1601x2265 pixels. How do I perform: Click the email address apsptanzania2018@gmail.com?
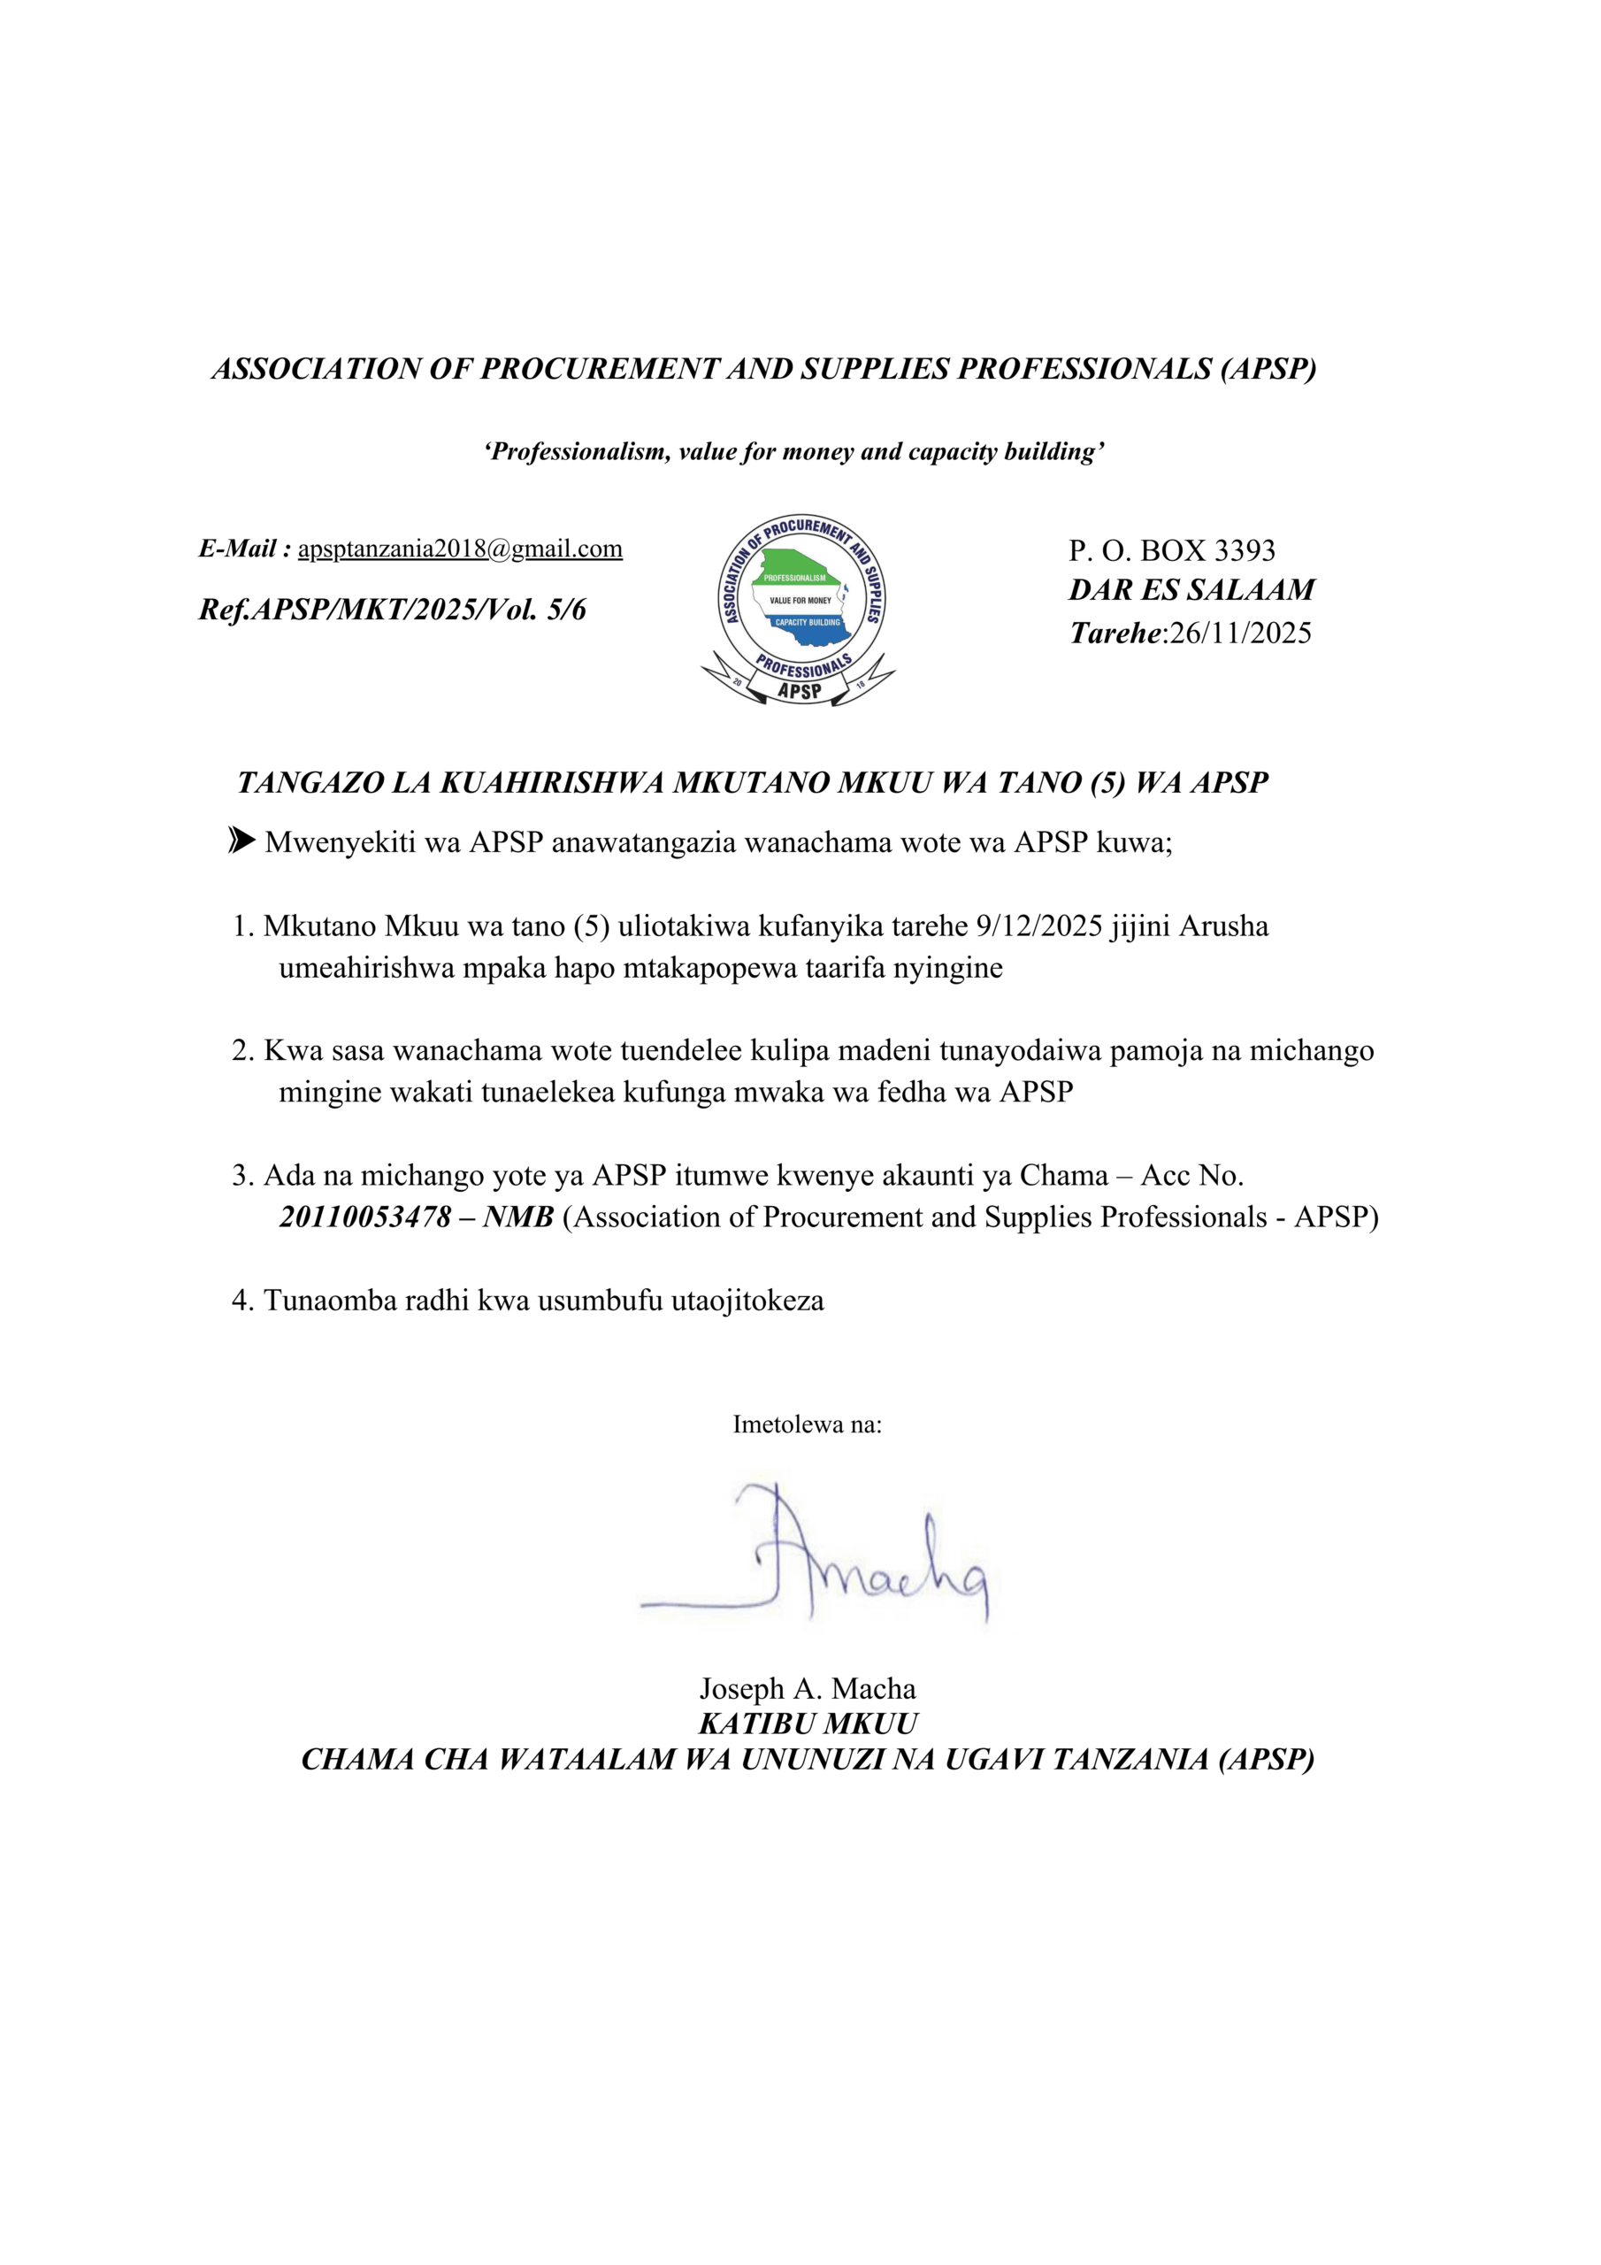(x=460, y=549)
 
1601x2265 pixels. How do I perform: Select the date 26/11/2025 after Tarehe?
(x=1240, y=633)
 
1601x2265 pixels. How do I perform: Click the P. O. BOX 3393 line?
(x=1171, y=550)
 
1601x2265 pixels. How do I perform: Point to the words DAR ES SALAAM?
(x=1191, y=590)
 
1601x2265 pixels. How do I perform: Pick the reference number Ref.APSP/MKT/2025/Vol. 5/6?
(x=393, y=610)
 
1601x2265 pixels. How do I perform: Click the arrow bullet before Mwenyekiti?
(x=241, y=841)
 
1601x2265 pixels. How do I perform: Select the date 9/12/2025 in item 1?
(x=1038, y=926)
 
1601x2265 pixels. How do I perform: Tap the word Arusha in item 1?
(x=1224, y=926)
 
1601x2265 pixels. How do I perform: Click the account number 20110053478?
(x=365, y=1217)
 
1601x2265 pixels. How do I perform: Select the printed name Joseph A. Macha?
(x=807, y=1689)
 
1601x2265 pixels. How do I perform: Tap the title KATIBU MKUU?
(x=807, y=1724)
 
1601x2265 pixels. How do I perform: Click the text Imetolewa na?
(x=807, y=1424)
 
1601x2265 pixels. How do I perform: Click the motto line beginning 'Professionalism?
(x=794, y=452)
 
